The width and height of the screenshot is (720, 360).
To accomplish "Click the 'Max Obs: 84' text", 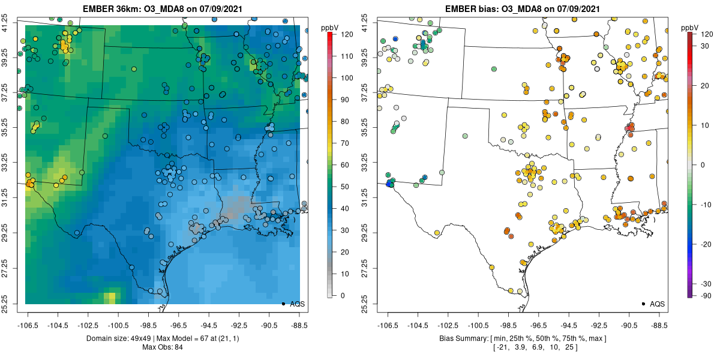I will coord(162,347).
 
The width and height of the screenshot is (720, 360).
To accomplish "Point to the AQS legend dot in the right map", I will coord(643,304).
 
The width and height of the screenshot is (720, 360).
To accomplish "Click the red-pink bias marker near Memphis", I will coord(629,128).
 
